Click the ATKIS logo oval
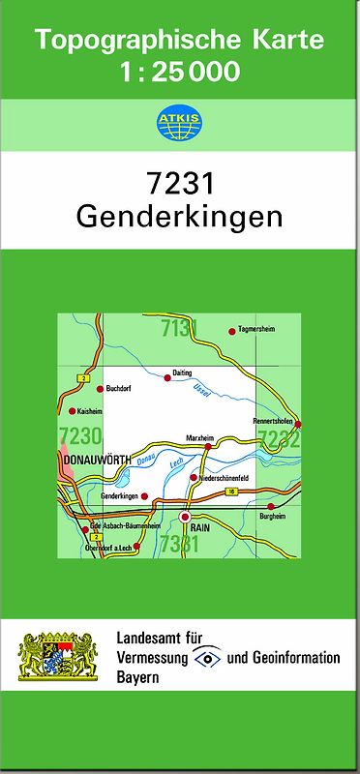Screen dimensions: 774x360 [x=179, y=123]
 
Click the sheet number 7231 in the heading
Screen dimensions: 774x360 [x=179, y=183]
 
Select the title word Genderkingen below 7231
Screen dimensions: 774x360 [x=179, y=215]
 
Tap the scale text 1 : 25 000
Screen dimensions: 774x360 [x=180, y=71]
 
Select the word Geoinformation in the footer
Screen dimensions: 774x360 [x=296, y=658]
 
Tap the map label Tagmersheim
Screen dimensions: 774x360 [x=256, y=330]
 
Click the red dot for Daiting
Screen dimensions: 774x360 [x=167, y=379]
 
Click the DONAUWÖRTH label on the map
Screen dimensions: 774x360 [x=95, y=461]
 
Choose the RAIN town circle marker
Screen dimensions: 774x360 [x=185, y=518]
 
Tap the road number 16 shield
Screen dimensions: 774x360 [x=231, y=492]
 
